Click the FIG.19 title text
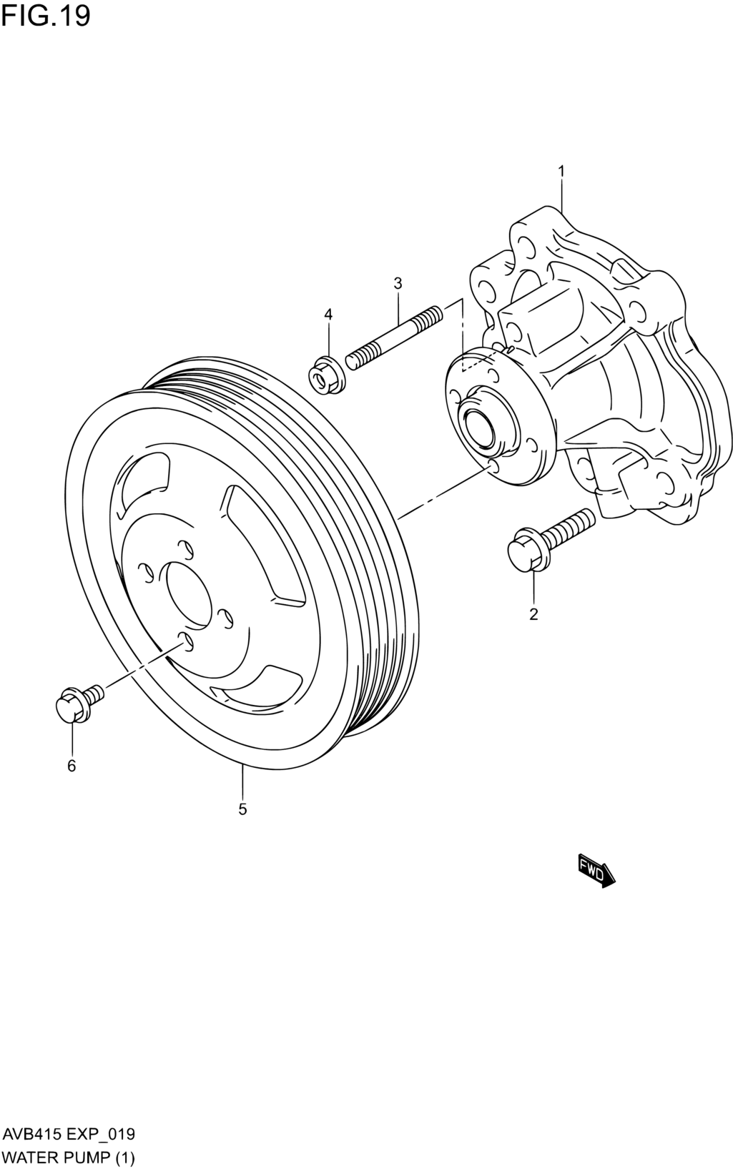46,16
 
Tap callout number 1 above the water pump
561,171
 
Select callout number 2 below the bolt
533,614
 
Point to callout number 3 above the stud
398,283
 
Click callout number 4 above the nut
328,314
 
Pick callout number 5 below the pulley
242,809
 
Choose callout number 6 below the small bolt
72,766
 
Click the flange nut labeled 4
325,374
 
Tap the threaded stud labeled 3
393,338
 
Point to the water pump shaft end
478,428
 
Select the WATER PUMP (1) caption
69,1154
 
